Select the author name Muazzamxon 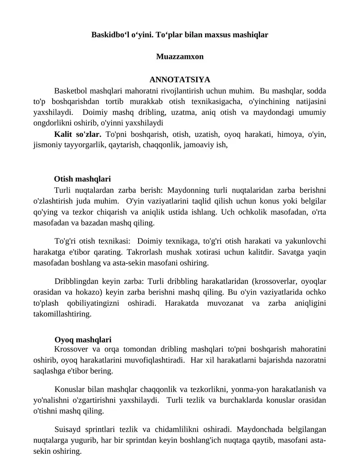tap(180, 57)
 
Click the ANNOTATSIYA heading tap(180, 80)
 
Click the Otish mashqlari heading tap(82, 179)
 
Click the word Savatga tap(292, 251)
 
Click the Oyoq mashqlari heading tap(83, 339)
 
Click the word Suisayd tap(68, 429)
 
